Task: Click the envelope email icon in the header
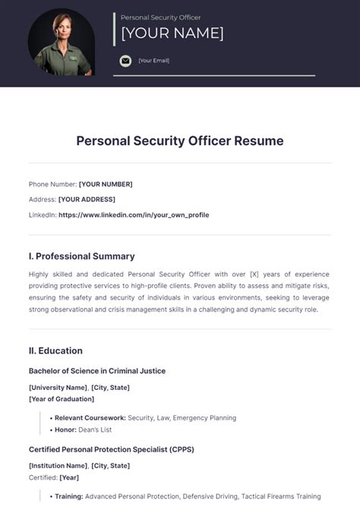click(x=125, y=61)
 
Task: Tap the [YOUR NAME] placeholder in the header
click(x=172, y=33)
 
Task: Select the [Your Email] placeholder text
click(x=153, y=61)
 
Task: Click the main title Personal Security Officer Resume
click(x=180, y=141)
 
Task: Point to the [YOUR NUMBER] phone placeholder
click(x=106, y=184)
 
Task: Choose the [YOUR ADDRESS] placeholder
click(x=87, y=199)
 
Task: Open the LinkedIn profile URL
click(x=134, y=215)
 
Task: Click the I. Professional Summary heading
click(x=82, y=256)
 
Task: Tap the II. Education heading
click(x=55, y=350)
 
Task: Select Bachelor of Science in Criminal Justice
click(x=97, y=371)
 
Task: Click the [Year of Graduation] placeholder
click(x=62, y=398)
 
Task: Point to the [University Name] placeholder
click(x=58, y=388)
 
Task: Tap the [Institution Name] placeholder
click(x=58, y=465)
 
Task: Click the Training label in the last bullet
click(x=69, y=496)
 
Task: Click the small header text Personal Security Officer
click(x=161, y=17)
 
